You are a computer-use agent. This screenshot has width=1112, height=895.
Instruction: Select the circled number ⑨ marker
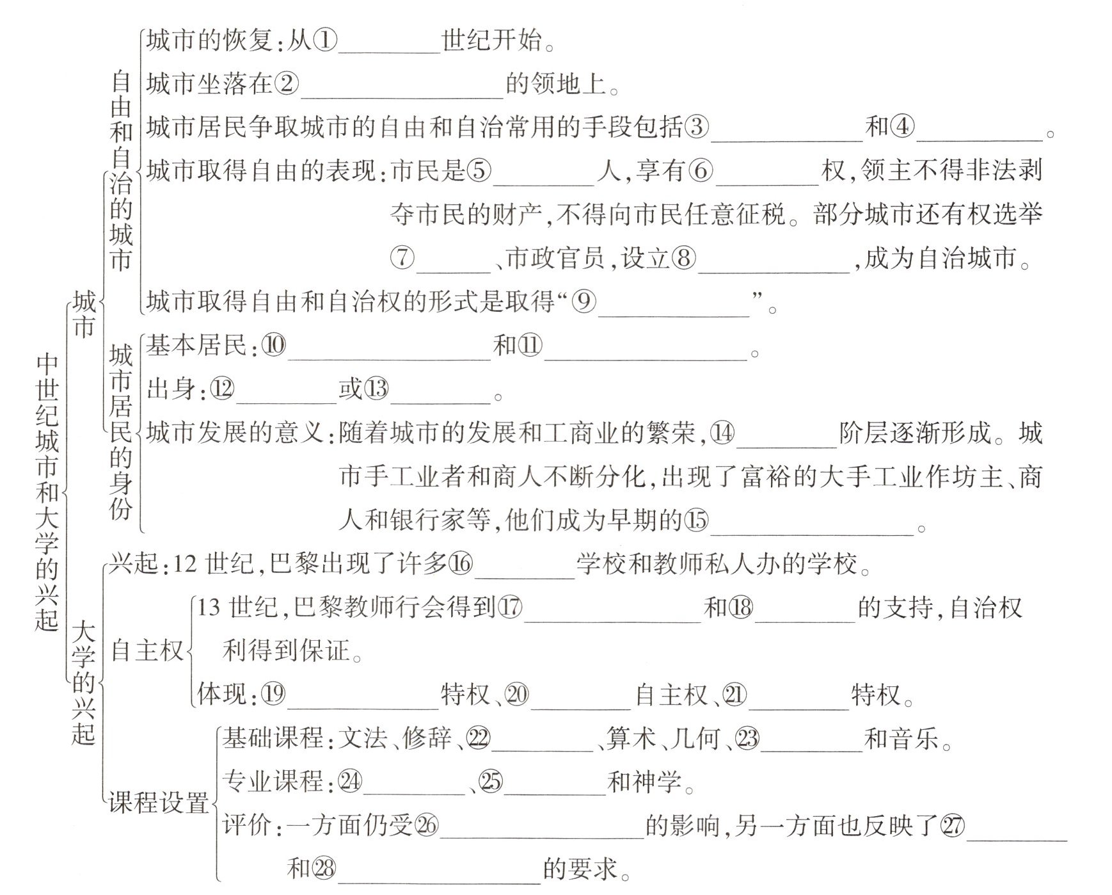(x=584, y=301)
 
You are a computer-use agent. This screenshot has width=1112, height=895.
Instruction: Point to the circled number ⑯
(x=460, y=563)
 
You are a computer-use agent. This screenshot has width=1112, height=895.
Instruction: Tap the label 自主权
(x=147, y=650)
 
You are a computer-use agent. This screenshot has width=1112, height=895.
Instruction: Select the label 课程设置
(x=159, y=802)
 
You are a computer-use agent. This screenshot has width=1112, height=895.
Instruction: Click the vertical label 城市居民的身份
(x=121, y=431)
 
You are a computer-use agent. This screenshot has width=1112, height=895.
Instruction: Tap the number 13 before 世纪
(x=209, y=607)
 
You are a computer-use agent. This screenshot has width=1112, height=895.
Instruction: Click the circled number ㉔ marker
(x=349, y=781)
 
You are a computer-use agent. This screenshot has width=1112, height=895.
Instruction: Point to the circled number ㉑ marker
(x=734, y=695)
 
